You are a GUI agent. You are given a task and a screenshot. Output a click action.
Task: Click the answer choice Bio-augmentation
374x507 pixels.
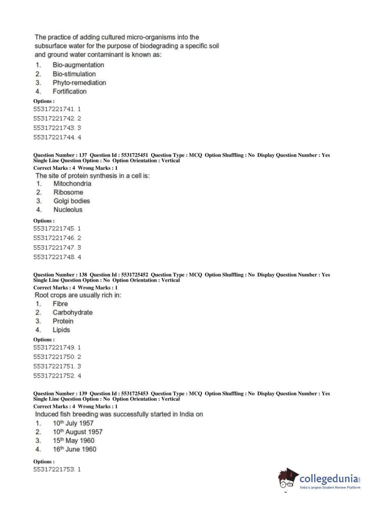coord(78,65)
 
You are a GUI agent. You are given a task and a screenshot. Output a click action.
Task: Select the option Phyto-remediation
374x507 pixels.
coord(79,83)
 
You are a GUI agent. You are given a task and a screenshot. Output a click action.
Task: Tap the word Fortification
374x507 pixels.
coord(69,91)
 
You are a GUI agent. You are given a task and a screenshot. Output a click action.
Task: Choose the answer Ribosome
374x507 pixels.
coord(68,192)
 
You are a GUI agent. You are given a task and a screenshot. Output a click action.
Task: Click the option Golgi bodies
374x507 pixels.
coord(72,201)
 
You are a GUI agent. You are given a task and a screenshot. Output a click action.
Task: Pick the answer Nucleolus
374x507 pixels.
coord(68,210)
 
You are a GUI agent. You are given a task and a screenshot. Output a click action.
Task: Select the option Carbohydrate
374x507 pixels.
coord(72,313)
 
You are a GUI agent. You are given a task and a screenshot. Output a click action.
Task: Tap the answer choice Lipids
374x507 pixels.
coord(61,330)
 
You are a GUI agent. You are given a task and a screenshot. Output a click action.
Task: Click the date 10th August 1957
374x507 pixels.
coord(77,432)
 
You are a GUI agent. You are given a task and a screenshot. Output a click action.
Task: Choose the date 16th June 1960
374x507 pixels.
coord(74,449)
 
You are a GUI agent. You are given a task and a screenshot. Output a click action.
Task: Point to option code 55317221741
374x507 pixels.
coord(54,109)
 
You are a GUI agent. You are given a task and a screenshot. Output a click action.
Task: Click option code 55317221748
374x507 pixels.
coord(54,257)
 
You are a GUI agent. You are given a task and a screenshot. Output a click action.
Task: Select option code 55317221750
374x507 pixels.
coord(54,357)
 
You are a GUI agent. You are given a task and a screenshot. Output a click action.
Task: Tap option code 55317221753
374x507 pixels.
coord(54,469)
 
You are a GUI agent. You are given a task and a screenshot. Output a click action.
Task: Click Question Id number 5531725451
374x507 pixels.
coord(135,155)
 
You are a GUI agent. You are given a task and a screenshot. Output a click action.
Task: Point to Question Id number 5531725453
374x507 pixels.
coord(135,394)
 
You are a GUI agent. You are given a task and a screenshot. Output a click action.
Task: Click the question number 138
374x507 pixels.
coord(83,275)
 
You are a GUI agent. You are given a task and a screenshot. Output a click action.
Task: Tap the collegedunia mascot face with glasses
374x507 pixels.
coord(287,479)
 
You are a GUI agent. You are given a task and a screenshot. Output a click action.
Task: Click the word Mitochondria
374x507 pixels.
coord(72,184)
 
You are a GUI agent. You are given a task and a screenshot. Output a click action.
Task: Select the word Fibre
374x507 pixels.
coord(60,304)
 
